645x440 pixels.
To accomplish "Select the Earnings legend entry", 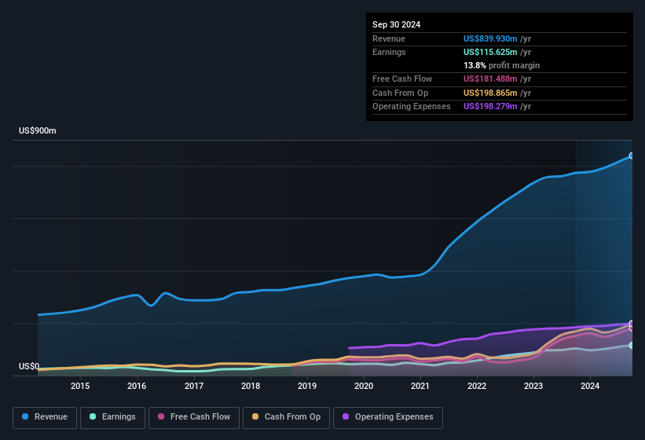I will coord(112,417).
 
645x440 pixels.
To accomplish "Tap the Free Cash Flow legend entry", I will coord(194,417).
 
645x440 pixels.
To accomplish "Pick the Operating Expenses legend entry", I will coord(388,417).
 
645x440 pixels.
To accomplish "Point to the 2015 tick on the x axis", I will coord(80,386).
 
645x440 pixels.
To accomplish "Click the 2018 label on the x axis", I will coord(251,386).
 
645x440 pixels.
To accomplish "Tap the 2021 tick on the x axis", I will coord(420,386).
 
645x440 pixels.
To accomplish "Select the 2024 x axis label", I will coord(590,386).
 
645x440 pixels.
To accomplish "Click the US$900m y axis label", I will coord(38,131).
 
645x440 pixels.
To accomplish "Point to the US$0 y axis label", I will coord(29,367).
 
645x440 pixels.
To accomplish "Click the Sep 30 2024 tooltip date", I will coord(396,24).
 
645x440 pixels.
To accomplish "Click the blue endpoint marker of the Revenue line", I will coord(632,156).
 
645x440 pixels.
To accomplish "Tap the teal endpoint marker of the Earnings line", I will coord(632,345).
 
